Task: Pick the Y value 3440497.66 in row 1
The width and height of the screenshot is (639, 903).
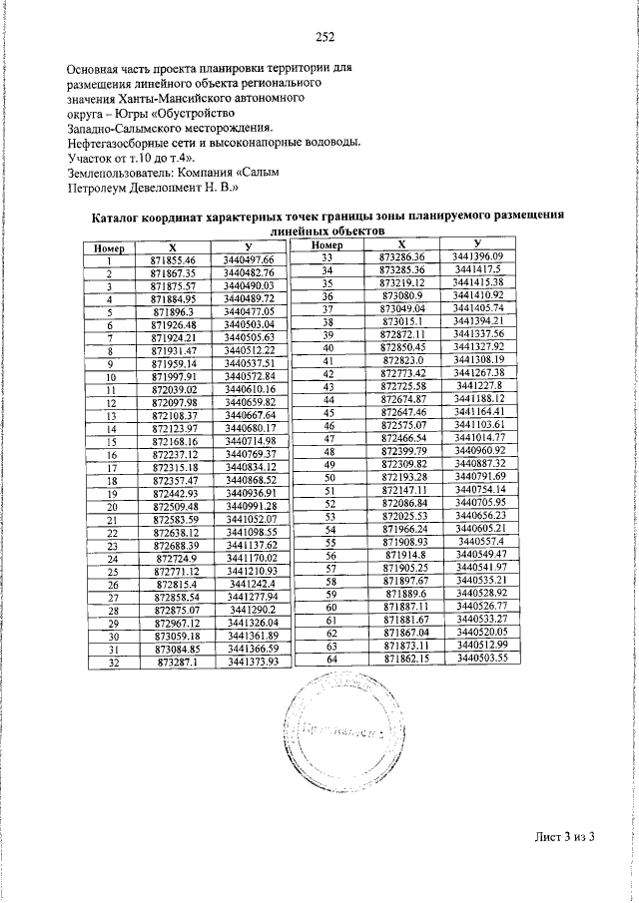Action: (x=250, y=259)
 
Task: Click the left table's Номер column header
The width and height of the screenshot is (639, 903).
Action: (x=108, y=247)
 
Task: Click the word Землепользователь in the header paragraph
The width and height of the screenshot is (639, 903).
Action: (x=128, y=173)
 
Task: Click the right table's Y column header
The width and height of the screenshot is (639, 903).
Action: (x=478, y=243)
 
